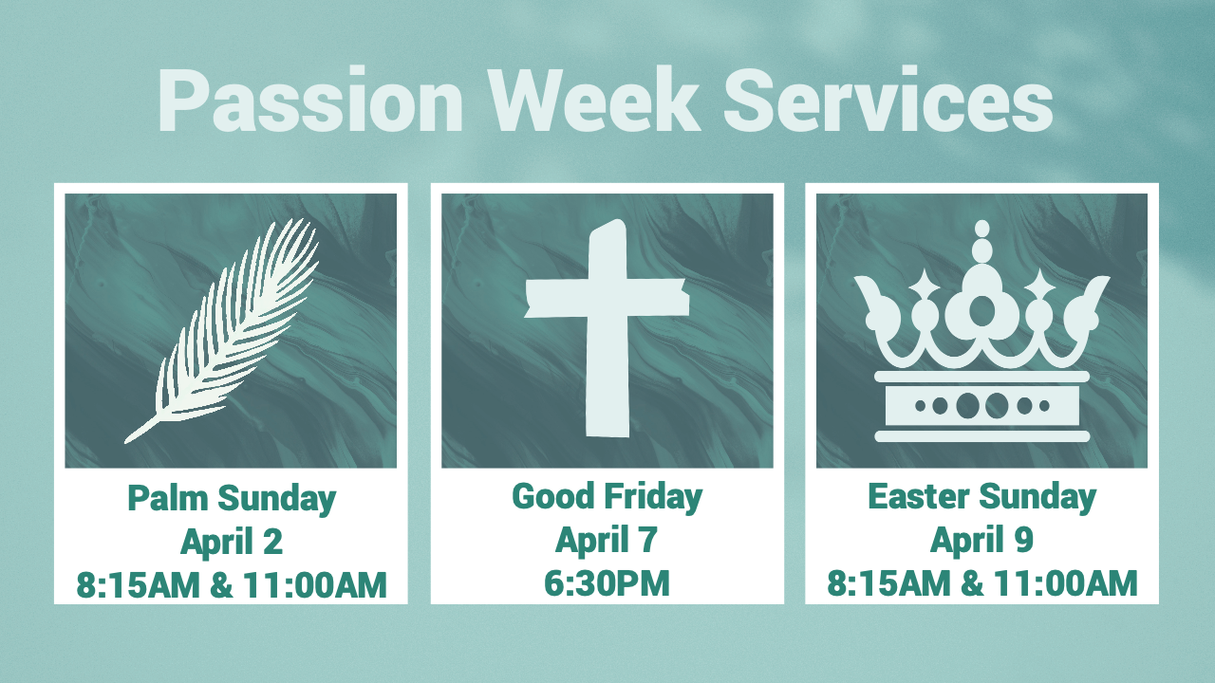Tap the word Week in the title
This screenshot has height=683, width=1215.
[593, 99]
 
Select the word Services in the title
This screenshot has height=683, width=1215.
[888, 99]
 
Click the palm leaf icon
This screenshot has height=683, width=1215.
[222, 331]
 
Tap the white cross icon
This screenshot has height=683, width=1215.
[607, 328]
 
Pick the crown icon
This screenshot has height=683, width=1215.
[981, 331]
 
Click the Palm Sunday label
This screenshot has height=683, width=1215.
[232, 499]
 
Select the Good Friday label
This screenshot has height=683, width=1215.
[607, 497]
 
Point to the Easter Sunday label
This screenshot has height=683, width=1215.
[981, 497]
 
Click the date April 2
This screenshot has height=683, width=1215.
[232, 542]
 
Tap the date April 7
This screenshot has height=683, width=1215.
[607, 540]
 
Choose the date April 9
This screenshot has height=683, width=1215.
[981, 540]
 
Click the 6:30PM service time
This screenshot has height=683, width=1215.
[607, 583]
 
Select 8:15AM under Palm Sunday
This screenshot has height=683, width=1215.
[139, 585]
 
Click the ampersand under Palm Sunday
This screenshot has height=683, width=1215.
[221, 585]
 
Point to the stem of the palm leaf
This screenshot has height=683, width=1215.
[142, 430]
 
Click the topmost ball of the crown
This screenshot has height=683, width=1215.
[981, 229]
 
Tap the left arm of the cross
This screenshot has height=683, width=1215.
[556, 298]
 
